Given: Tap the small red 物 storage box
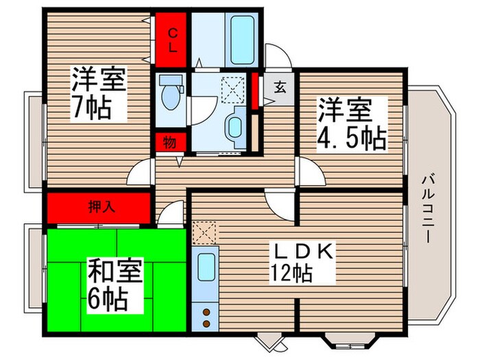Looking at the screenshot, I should pyautogui.click(x=169, y=143).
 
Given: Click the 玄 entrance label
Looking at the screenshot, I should pyautogui.click(x=280, y=87).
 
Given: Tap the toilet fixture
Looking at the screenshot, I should pyautogui.click(x=169, y=93).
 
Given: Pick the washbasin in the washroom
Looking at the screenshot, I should pyautogui.click(x=234, y=128).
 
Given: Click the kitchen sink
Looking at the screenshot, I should pyautogui.click(x=205, y=268).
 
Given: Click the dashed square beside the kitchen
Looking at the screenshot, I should pyautogui.click(x=204, y=234).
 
